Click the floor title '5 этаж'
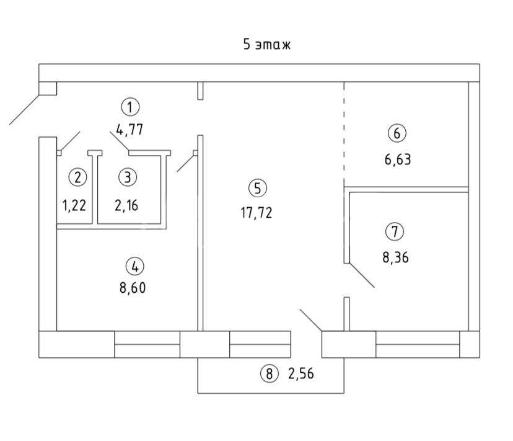coord(266,44)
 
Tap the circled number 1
coord(130,107)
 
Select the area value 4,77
coord(129,130)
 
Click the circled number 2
coord(77,177)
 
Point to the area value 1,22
coord(74,206)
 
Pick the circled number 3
coord(128,177)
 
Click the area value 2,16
coord(126,206)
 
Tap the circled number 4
coord(135,267)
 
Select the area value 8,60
coord(133,288)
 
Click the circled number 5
coord(258,189)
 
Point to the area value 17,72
coord(256,213)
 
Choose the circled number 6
coord(397,133)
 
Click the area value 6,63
coord(398,159)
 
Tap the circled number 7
coord(395,231)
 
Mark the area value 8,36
coord(395,257)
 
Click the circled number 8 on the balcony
coord(270,373)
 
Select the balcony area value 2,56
coord(301,373)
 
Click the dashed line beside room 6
coord(344,131)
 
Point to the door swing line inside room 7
coord(362,275)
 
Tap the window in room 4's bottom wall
coord(147,344)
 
